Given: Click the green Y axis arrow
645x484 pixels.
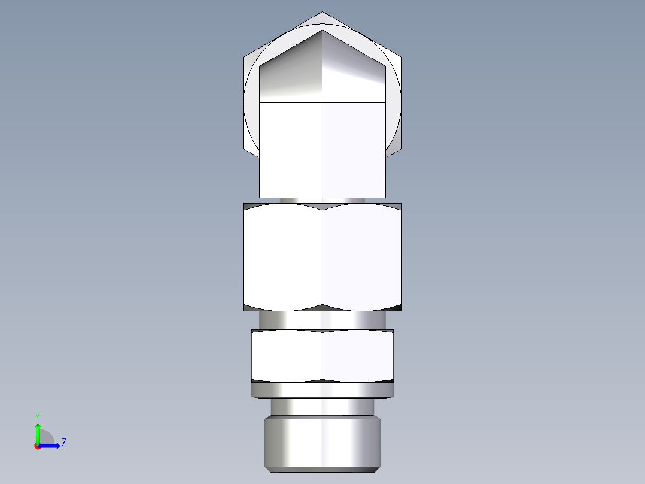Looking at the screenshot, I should [x=38, y=432].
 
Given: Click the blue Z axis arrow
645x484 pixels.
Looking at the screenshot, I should [x=50, y=445].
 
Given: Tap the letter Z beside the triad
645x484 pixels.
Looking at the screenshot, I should [x=63, y=443].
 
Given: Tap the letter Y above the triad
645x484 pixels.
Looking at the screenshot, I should [x=37, y=416].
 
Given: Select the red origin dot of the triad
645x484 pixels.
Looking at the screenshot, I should [x=37, y=446].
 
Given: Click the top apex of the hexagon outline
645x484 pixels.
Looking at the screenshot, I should [x=322, y=12].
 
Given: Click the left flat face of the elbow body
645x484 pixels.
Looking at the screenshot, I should [x=291, y=150].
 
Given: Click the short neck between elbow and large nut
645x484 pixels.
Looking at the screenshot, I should [x=322, y=201].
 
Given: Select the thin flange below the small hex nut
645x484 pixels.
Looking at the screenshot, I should [x=322, y=390].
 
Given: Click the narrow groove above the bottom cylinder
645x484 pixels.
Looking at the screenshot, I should [x=322, y=407].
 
